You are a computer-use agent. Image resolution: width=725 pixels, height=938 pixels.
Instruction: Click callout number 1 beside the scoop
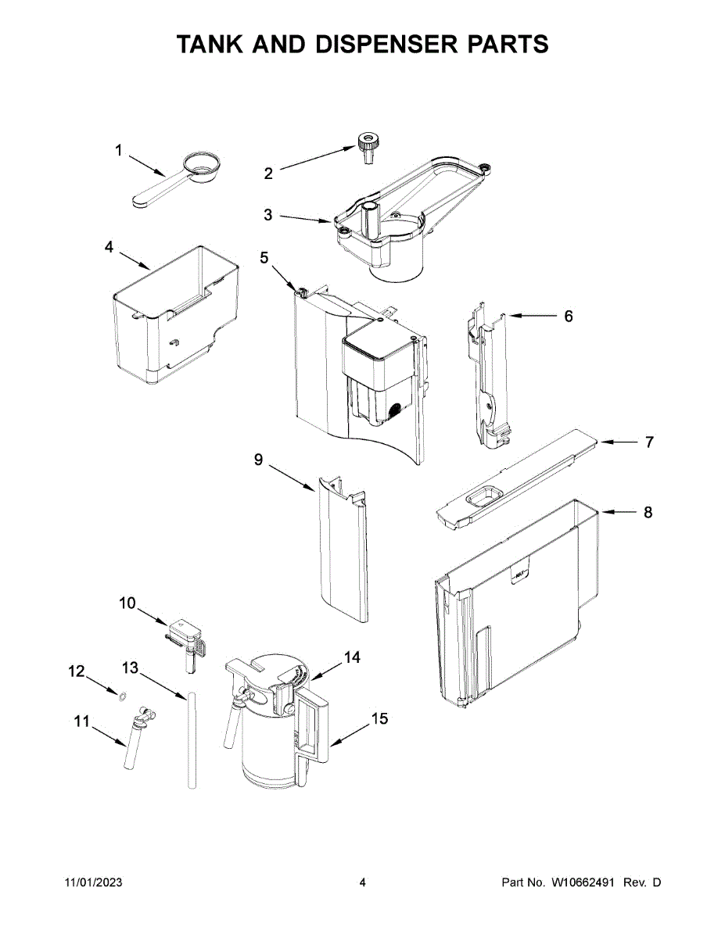click(x=119, y=150)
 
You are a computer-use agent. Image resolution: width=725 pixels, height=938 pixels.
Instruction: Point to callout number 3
click(x=268, y=215)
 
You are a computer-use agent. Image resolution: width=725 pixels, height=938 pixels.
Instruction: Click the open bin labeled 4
click(x=176, y=317)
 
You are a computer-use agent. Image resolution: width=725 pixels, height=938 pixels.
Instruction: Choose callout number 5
click(x=264, y=257)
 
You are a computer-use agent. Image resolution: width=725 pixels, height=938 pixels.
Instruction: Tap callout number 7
click(x=648, y=442)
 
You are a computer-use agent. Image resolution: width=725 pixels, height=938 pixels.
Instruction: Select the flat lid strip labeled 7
click(x=516, y=482)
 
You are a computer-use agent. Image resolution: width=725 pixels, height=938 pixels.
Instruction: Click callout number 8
click(x=648, y=513)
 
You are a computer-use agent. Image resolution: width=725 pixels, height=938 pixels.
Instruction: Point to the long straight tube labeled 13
click(x=190, y=739)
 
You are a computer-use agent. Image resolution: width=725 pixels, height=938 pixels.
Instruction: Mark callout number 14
click(x=352, y=657)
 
